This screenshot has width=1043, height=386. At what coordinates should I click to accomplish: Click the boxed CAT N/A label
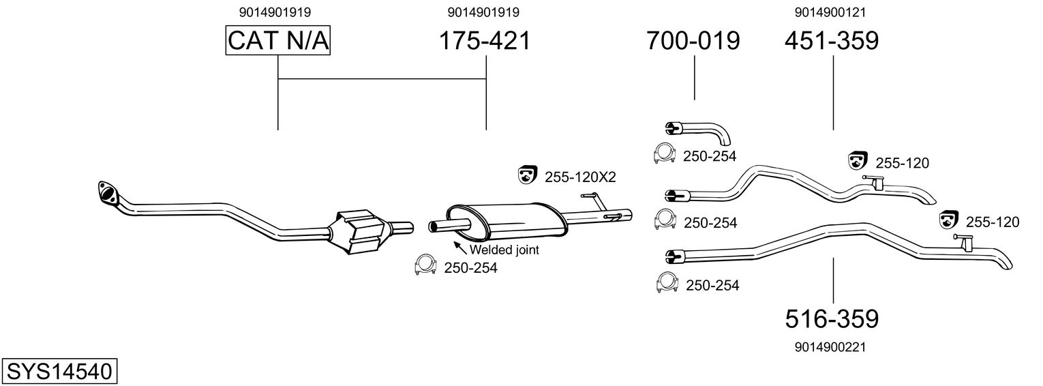(278, 41)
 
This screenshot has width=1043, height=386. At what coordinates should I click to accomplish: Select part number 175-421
(485, 41)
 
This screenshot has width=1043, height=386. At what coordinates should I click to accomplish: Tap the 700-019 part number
(693, 41)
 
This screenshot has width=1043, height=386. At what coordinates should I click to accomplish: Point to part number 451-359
(832, 41)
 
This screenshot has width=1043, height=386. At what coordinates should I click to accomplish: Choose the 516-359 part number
(832, 318)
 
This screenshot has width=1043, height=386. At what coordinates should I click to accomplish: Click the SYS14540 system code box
(59, 372)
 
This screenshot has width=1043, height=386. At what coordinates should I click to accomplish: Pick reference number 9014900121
(830, 12)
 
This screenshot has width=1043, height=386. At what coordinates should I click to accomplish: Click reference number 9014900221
(830, 347)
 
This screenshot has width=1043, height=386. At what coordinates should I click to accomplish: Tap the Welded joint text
(504, 250)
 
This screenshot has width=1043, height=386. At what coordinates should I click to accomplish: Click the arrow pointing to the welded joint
(459, 247)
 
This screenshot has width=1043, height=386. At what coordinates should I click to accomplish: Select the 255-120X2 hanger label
(580, 177)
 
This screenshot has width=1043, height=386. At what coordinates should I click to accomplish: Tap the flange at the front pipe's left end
(106, 192)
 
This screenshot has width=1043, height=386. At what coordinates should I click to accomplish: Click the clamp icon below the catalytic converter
(425, 266)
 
